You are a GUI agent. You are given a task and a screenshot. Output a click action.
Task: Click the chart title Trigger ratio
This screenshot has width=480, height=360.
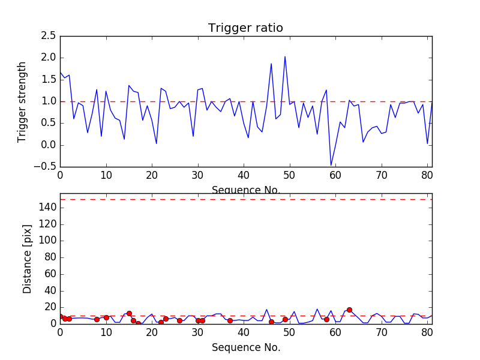pos(245,28)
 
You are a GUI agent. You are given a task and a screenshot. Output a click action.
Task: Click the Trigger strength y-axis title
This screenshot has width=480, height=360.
pos(22,101)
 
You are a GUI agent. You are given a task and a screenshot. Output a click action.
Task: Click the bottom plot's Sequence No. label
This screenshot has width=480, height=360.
pos(246,347)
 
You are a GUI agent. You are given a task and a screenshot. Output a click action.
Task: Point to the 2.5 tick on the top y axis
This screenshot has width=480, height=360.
pos(49,36)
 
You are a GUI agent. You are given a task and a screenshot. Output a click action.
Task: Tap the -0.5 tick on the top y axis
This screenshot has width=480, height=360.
pos(47,167)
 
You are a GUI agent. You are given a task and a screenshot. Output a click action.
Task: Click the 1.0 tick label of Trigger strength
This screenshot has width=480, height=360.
pos(49,101)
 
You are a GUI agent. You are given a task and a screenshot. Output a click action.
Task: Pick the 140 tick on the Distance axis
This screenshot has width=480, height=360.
pos(48,208)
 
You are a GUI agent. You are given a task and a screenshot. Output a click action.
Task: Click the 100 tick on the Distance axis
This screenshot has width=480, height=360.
pos(48,241)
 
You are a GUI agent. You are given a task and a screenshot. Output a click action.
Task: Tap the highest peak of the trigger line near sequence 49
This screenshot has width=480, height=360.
pos(285,56)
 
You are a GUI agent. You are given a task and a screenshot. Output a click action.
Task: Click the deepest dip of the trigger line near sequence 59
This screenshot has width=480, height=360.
pos(331,165)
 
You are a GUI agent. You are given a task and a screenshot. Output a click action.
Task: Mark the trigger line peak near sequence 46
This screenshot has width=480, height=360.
pos(271,64)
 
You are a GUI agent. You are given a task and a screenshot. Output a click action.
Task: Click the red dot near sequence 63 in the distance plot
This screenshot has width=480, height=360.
pos(349,310)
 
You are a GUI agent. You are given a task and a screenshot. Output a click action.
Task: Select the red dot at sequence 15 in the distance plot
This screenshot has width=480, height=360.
pos(129,313)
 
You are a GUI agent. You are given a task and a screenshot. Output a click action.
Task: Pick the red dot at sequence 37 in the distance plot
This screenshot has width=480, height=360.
pos(230,320)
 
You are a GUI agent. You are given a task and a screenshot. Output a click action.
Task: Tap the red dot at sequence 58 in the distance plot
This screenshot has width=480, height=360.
pos(326,319)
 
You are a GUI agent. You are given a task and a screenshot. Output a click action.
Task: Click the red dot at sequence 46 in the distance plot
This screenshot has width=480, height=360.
pos(271,322)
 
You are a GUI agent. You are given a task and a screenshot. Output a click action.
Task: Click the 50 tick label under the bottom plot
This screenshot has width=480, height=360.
pos(289,332)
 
